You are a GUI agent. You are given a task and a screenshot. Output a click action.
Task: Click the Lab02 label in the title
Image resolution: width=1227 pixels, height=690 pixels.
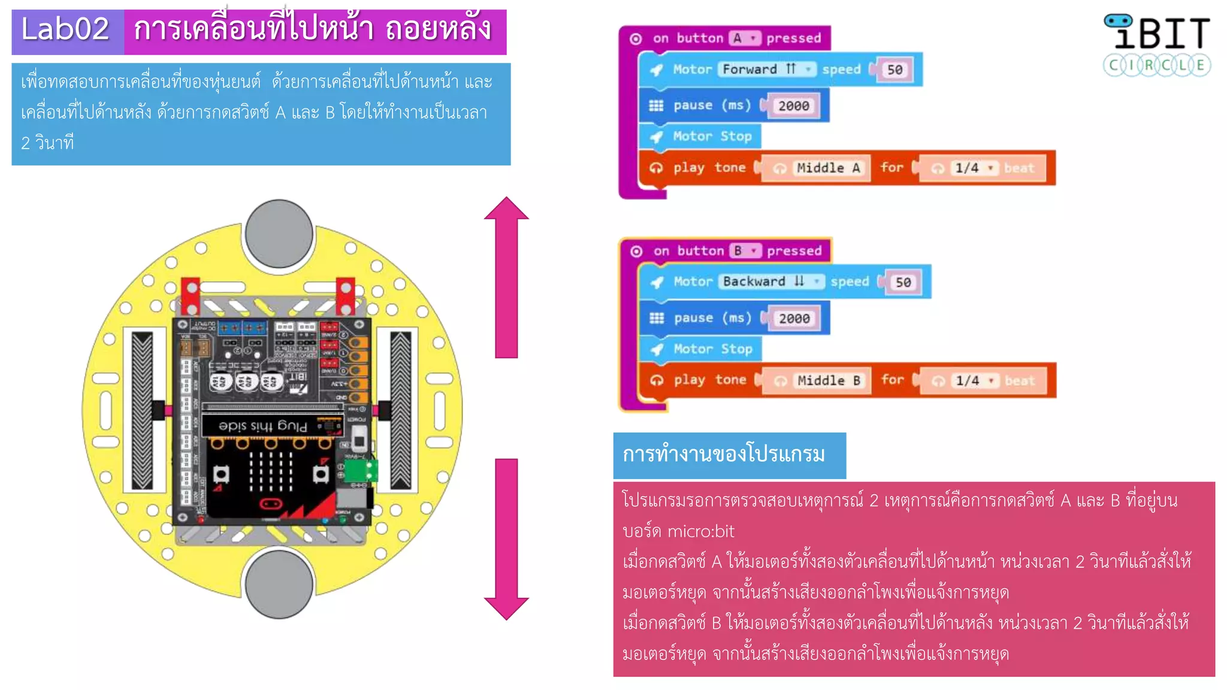coord(66,30)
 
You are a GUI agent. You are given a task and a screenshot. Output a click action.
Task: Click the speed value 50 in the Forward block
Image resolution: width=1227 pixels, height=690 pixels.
coord(894,70)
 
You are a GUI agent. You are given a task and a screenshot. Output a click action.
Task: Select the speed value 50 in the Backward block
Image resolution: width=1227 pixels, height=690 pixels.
coord(903,283)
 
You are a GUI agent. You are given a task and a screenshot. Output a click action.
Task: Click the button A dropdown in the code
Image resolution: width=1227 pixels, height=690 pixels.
coord(745,38)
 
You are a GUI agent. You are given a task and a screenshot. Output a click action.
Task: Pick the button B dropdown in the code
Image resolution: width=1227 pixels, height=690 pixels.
coord(745,251)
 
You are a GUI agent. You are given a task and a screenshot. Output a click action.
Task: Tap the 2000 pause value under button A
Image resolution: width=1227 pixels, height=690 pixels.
coord(793,106)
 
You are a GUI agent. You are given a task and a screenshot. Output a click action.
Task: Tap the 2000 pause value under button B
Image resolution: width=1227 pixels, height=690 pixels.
coord(794,319)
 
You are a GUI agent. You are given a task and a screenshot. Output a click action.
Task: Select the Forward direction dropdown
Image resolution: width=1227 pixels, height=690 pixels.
coord(767,69)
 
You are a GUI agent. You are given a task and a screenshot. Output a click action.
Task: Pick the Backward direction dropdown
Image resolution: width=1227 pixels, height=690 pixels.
coord(771,282)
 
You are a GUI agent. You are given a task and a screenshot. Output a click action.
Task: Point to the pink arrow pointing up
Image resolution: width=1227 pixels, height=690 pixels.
coord(506,276)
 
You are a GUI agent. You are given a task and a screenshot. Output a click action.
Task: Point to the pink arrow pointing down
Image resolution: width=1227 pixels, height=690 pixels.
coord(506,539)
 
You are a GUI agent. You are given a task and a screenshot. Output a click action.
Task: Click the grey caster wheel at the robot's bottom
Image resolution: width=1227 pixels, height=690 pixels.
coord(279,584)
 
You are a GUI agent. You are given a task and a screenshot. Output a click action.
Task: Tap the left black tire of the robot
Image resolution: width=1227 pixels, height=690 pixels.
coord(142,410)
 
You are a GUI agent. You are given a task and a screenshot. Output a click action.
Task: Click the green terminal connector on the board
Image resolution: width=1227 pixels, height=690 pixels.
coord(361,470)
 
